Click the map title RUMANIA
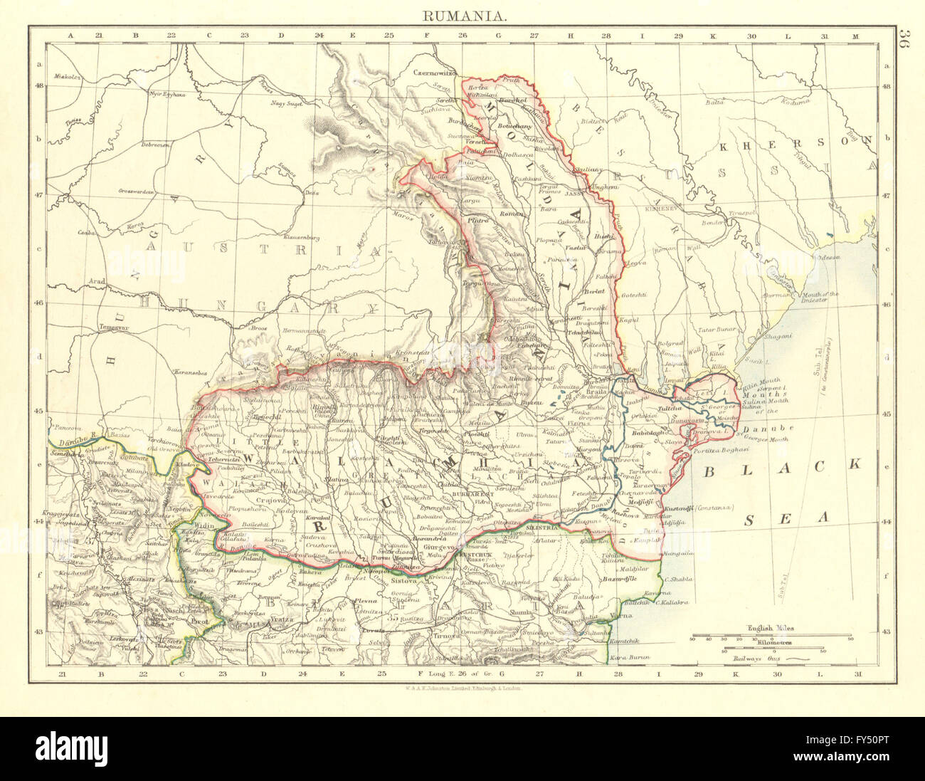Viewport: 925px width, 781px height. pos(462,14)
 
